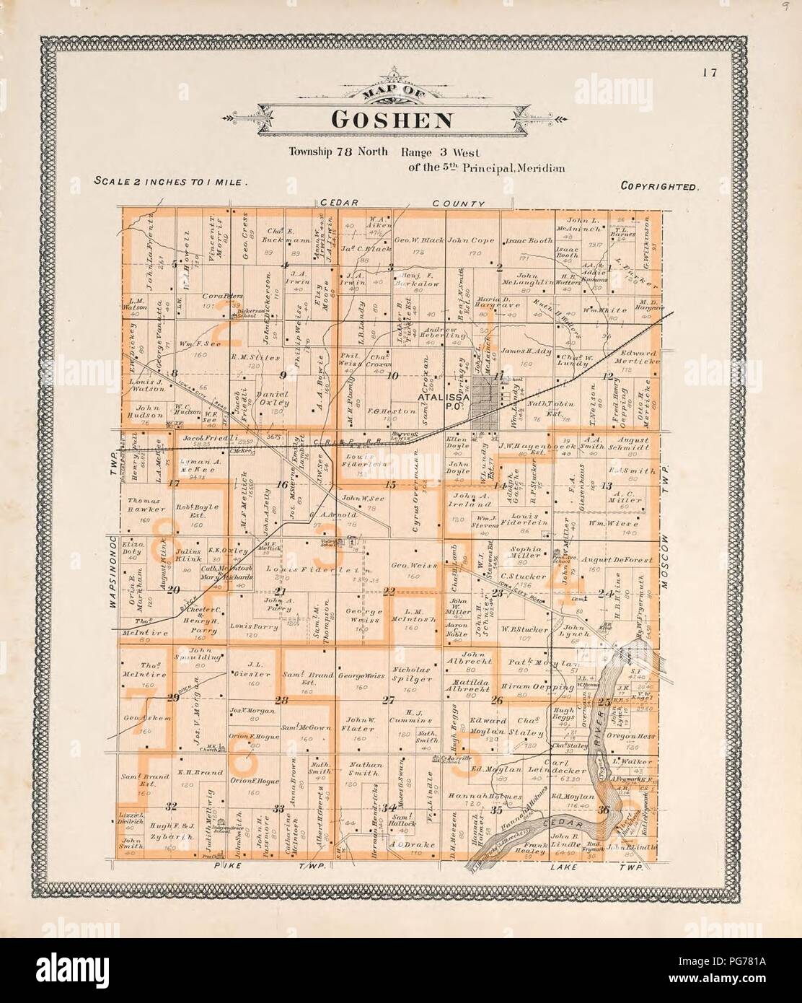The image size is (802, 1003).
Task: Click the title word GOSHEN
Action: [391, 118]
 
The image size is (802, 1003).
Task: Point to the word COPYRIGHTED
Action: [659, 186]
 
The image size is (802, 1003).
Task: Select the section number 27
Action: [389, 699]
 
